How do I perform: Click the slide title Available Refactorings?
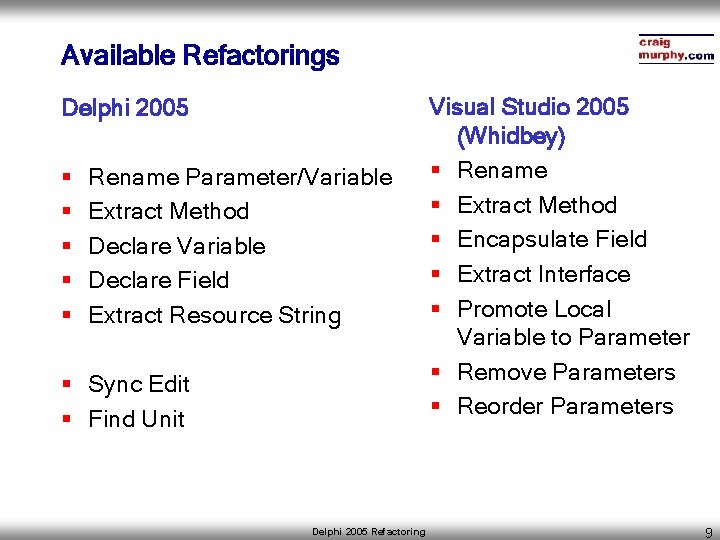point(200,56)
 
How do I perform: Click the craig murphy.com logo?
point(675,49)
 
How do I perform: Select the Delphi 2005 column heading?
point(125,108)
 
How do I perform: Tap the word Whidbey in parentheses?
point(510,136)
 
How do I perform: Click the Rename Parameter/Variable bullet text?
point(240,178)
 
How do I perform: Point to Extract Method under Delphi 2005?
point(168,212)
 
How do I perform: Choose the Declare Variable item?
point(177,246)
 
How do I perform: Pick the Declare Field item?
point(158,281)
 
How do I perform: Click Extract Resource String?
point(214,316)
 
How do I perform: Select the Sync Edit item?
point(138,385)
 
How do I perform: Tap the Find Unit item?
point(136,419)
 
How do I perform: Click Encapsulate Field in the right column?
point(552,240)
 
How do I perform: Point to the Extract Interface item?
point(543,275)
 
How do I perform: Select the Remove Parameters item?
point(566,373)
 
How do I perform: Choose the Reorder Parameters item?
point(565,407)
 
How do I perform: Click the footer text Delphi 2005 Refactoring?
point(368,532)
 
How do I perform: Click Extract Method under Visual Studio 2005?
point(537,206)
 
